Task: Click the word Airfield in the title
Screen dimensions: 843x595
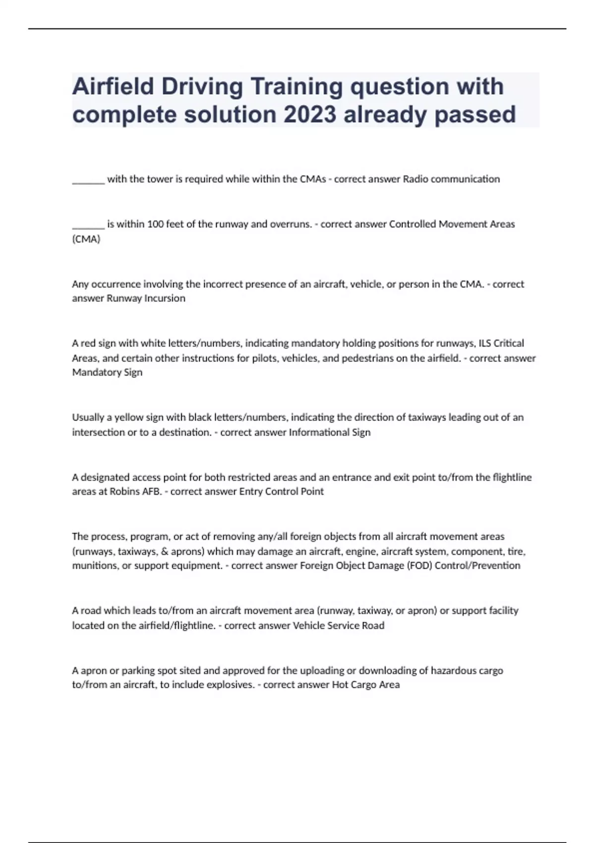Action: click(113, 87)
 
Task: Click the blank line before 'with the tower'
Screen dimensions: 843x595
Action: click(88, 180)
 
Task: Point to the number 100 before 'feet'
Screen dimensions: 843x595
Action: click(155, 224)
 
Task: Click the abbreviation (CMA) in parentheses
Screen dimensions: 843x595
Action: click(86, 239)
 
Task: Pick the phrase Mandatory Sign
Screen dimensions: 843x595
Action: click(107, 372)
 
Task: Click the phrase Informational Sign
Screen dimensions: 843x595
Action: click(330, 432)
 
